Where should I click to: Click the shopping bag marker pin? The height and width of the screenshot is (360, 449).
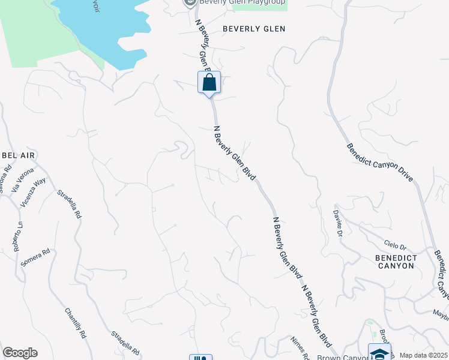(x=209, y=83)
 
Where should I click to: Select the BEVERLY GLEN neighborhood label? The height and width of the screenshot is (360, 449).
(x=254, y=29)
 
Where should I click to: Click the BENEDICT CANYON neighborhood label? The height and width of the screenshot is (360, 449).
(x=395, y=261)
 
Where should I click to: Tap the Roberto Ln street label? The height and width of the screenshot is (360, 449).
(x=18, y=237)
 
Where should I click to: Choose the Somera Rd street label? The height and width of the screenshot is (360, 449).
(x=35, y=257)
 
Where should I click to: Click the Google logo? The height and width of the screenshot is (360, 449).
(x=20, y=353)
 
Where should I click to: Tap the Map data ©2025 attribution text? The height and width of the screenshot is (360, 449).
(x=424, y=355)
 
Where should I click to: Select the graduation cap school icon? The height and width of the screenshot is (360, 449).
(x=379, y=353)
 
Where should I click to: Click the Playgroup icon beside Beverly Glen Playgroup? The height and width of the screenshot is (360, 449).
(x=190, y=3)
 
